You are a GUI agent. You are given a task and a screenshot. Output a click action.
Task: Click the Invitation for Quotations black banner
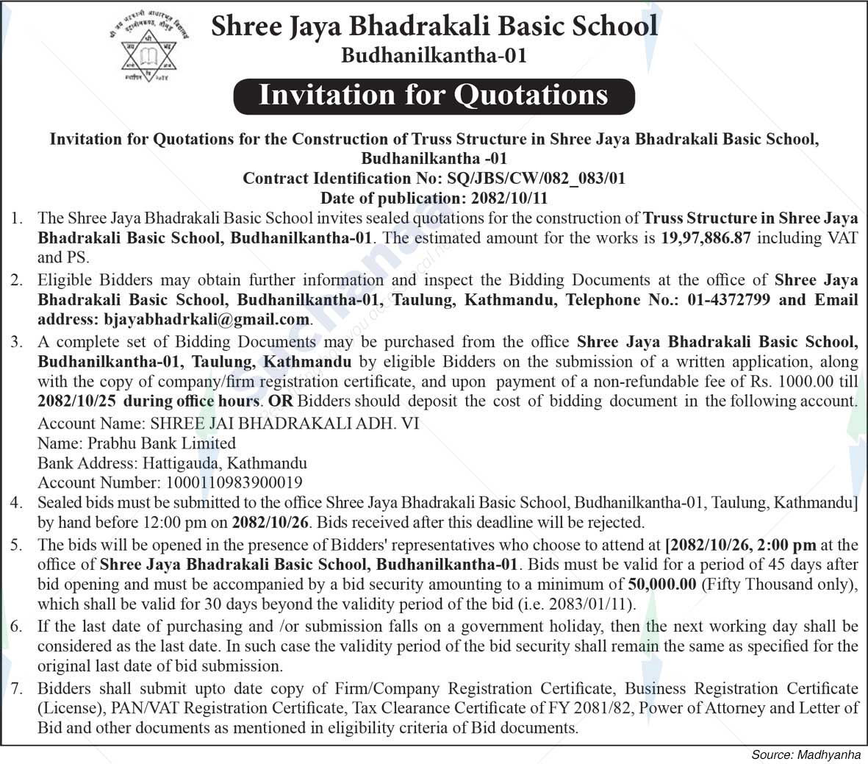(434, 96)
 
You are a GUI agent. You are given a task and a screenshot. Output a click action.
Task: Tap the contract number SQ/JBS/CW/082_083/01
(531, 179)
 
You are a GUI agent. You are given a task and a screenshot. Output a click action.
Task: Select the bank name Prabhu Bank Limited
(162, 443)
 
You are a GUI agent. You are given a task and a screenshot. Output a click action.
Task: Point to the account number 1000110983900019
(231, 483)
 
